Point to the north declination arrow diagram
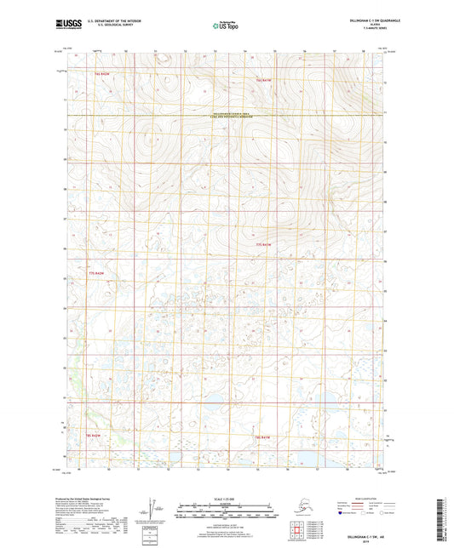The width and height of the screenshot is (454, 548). [x=153, y=509]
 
